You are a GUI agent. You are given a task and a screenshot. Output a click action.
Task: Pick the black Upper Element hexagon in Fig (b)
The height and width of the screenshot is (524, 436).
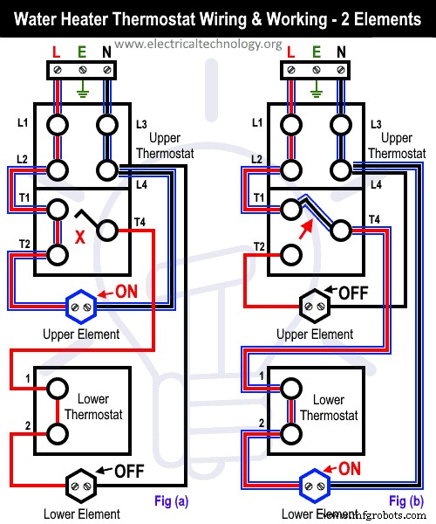tap(311, 306)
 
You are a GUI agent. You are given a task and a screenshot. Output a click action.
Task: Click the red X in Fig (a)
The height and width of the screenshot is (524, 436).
tap(80, 236)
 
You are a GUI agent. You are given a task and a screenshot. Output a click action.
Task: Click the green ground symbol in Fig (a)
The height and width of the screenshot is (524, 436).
tap(83, 86)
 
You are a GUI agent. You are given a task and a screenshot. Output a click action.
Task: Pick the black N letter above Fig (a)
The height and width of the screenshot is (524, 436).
tap(107, 51)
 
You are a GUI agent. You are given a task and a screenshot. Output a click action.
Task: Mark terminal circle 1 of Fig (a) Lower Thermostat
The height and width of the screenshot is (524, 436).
tap(58, 387)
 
